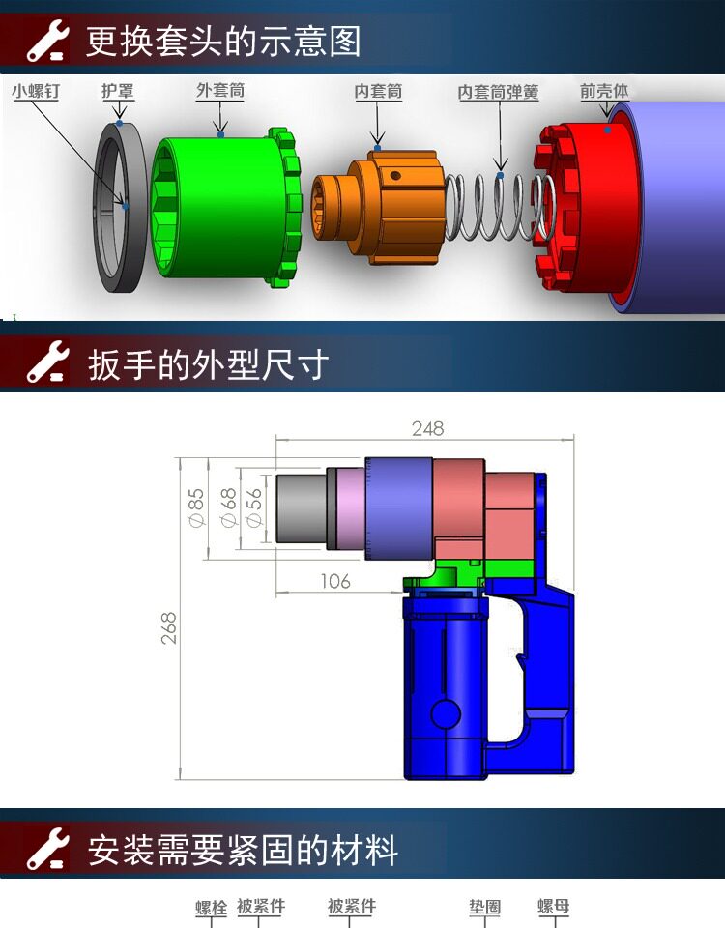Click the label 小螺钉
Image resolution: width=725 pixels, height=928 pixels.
coord(36,91)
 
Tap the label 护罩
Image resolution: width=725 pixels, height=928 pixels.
coord(118,91)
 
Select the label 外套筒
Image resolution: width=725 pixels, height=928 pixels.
coord(220,91)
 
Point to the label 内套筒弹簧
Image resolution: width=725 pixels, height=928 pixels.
coord(499,93)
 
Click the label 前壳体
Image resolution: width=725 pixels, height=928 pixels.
coord(603,91)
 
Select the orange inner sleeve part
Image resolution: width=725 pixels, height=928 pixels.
coord(378,207)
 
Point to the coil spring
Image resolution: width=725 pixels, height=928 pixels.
coord(499,207)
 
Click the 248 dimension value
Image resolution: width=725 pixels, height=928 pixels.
coord(427,428)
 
